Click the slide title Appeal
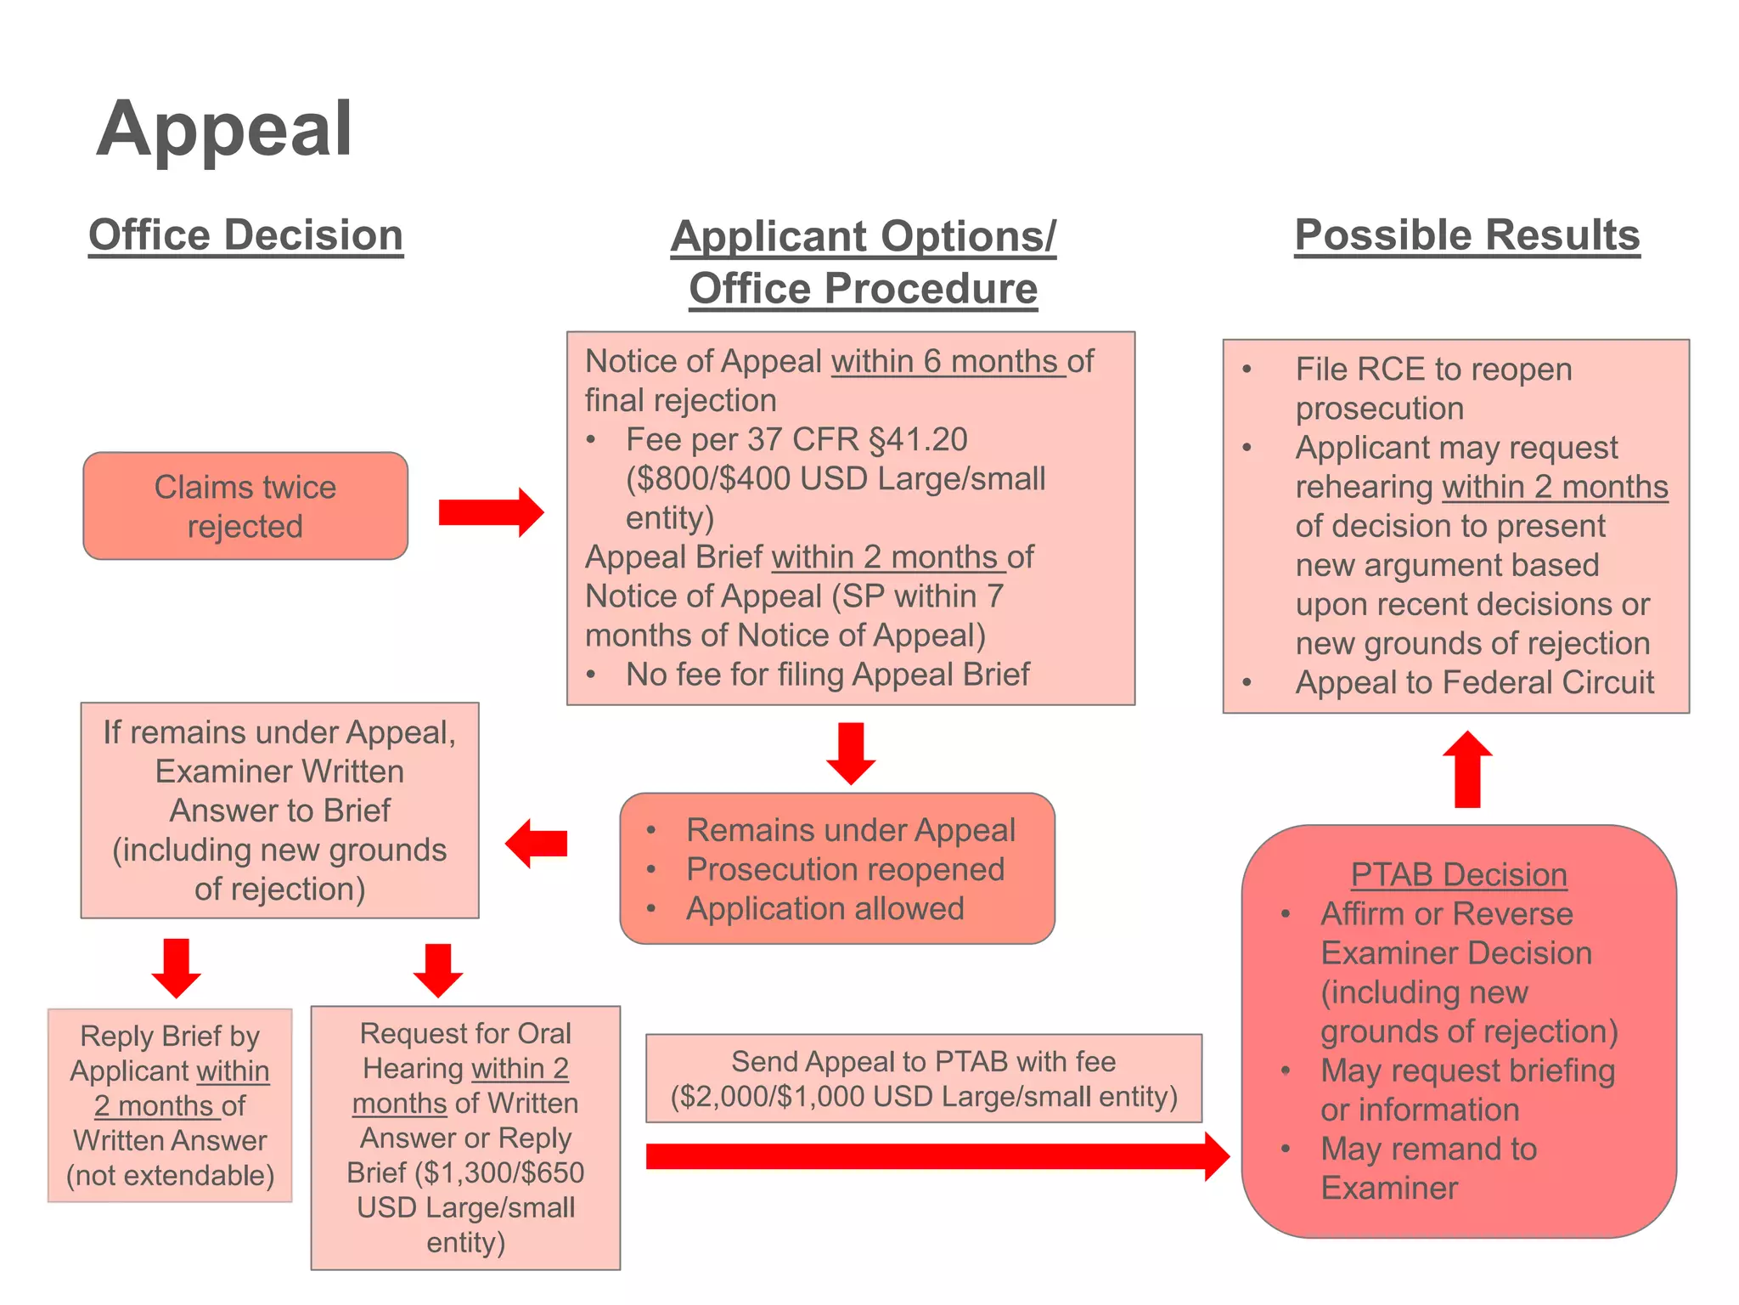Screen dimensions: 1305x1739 point(224,129)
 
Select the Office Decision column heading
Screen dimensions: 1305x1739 point(245,234)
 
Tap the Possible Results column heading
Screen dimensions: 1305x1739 point(1466,234)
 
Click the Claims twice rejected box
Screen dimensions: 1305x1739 point(245,506)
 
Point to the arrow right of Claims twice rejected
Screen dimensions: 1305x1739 point(491,512)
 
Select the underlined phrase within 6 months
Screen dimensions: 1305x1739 point(946,362)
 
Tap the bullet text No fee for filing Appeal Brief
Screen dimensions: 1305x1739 point(827,675)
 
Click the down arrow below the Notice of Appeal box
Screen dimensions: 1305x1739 point(851,753)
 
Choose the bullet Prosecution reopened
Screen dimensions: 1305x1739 point(845,869)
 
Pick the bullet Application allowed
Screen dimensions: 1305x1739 point(824,908)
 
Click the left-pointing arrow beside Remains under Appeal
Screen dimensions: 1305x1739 point(537,844)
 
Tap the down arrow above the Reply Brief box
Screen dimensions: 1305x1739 point(177,968)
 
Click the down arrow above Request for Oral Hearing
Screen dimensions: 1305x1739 point(438,970)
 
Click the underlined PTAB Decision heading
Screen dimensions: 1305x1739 point(1459,874)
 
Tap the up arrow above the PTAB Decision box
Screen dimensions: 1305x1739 point(1467,769)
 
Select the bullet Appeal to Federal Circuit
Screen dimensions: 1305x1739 point(1474,682)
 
